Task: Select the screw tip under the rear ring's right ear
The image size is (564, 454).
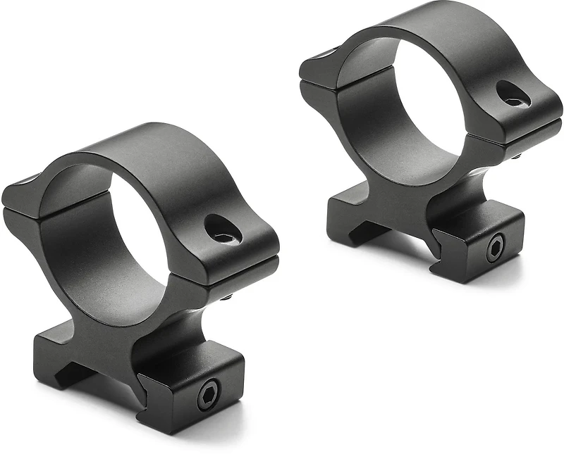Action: tap(518, 156)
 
